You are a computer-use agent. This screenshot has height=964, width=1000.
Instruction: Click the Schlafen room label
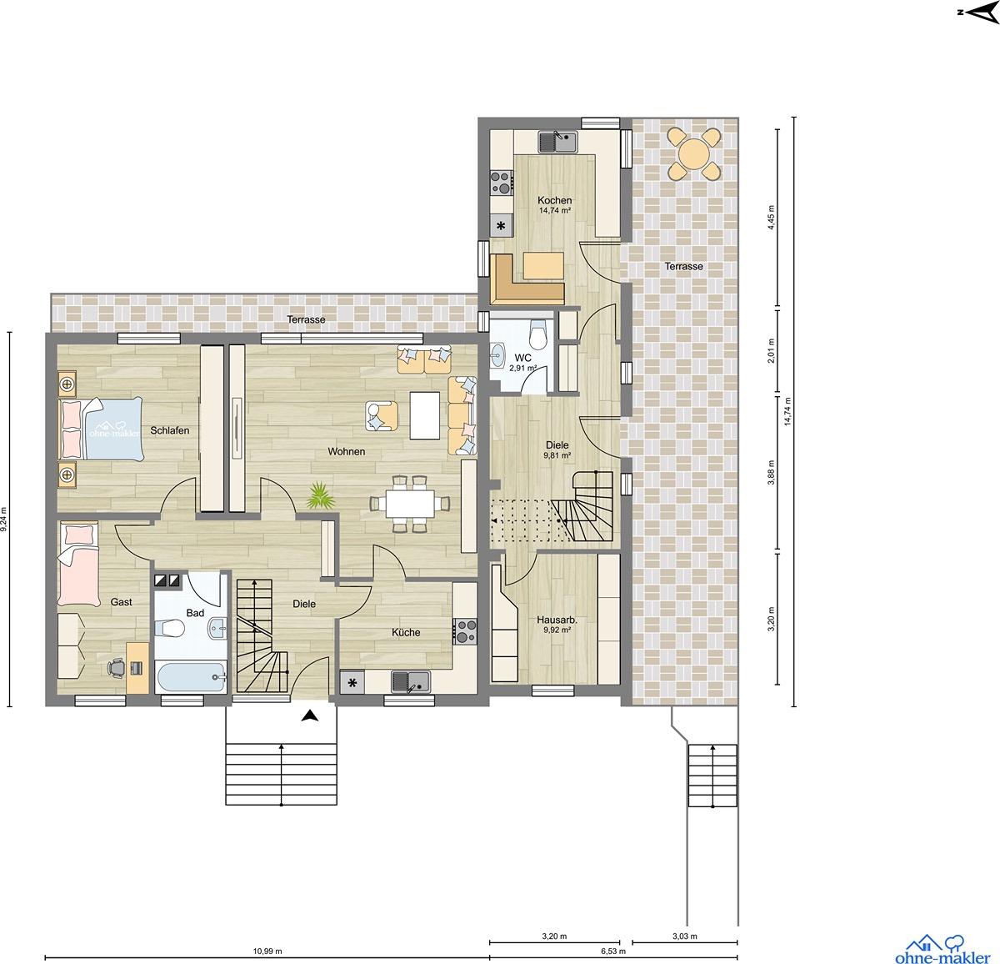[x=169, y=430]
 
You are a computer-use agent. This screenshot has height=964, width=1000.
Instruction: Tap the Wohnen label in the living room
[x=347, y=451]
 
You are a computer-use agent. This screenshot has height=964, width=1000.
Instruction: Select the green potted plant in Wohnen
[x=321, y=495]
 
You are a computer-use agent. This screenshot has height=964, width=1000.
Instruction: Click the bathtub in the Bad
[x=191, y=677]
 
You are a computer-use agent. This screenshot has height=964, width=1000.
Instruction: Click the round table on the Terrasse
[x=693, y=153]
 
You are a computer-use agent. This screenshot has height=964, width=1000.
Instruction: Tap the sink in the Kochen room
[x=558, y=142]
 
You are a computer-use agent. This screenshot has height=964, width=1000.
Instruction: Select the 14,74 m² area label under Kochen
[x=554, y=210]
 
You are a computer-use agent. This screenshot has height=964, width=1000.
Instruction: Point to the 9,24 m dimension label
[x=5, y=520]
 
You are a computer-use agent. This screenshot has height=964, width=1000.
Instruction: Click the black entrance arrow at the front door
[x=309, y=715]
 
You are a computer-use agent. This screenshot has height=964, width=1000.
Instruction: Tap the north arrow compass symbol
[x=979, y=13]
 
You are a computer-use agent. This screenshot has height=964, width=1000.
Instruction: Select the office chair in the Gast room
[x=117, y=667]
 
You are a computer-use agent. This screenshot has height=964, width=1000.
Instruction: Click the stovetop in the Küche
[x=465, y=631]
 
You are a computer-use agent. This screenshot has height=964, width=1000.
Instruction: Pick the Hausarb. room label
[x=557, y=620]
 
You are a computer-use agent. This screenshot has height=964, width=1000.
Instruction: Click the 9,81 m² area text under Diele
[x=557, y=455]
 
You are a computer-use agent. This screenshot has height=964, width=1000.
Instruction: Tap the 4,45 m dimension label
[x=771, y=218]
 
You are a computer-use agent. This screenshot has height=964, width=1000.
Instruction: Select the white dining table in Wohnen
[x=410, y=504]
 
